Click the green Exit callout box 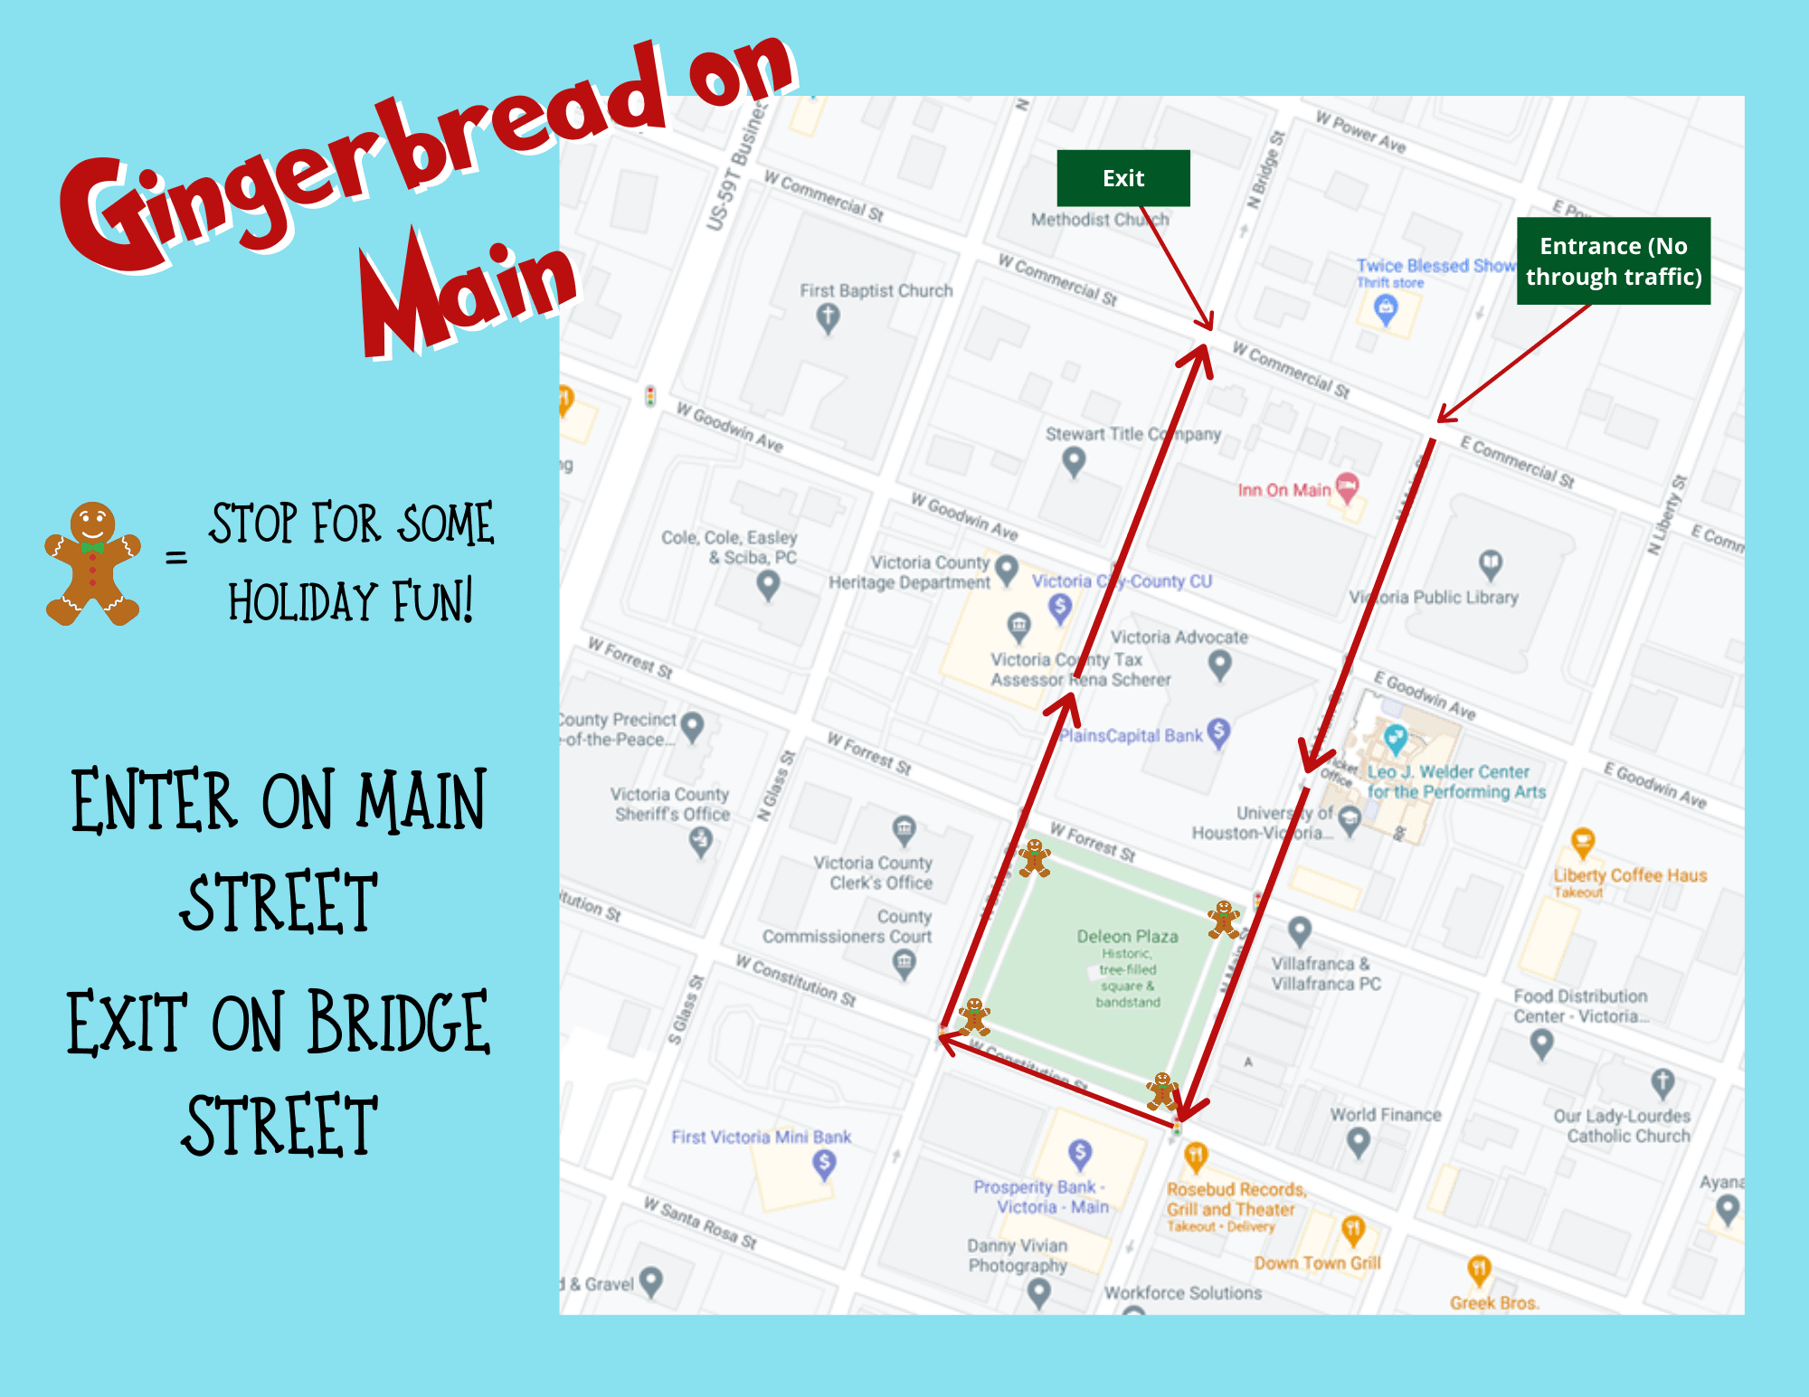point(1123,178)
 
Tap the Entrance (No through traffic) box point(1614,260)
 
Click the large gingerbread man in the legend point(92,563)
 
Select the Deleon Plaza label point(1127,937)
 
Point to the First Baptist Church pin point(828,317)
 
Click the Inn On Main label point(1284,490)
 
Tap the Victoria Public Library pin point(1491,564)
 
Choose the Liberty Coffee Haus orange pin point(1583,843)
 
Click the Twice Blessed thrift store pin point(1386,310)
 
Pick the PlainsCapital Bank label point(1131,736)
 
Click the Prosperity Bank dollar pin point(1080,1153)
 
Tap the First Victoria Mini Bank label point(761,1137)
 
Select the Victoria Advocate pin point(1220,665)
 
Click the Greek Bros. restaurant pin point(1479,1270)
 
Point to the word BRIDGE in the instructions point(398,1024)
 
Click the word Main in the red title point(469,294)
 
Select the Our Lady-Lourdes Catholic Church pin point(1662,1081)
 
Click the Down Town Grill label point(1317,1263)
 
